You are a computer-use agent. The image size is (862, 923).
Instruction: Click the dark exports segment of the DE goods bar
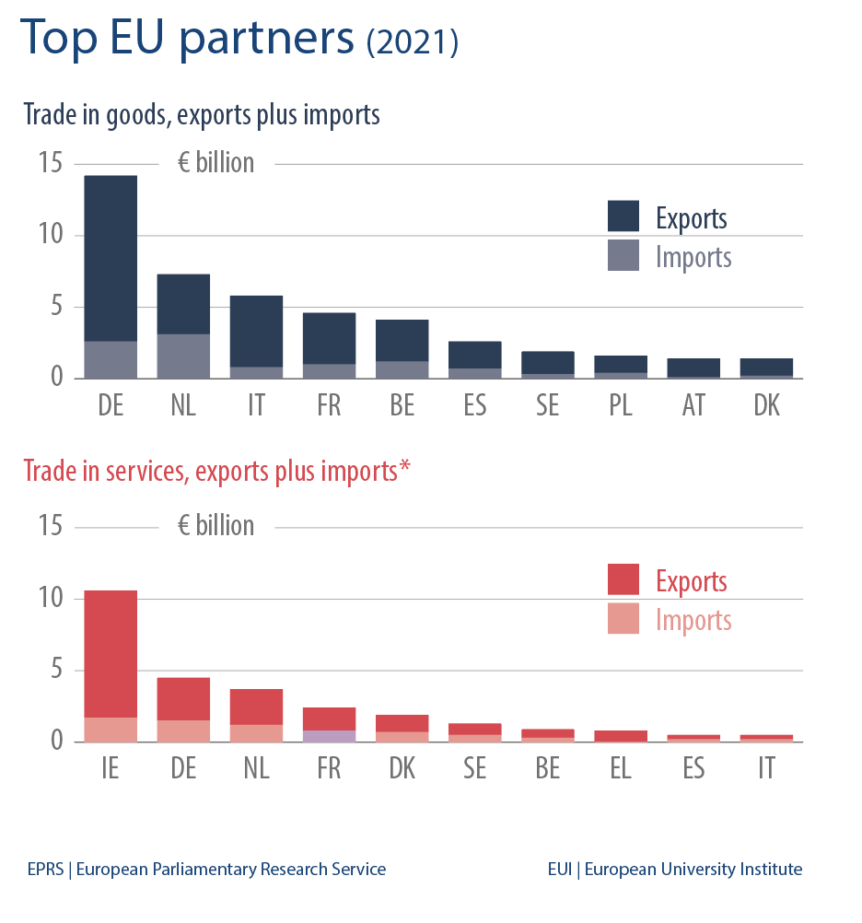click(111, 258)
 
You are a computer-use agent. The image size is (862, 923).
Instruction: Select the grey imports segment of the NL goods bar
click(183, 356)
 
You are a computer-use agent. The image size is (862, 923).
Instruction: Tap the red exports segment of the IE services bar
click(111, 654)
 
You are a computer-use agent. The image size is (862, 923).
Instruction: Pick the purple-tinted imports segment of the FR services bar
click(329, 736)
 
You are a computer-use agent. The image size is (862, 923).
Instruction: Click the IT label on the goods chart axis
click(256, 405)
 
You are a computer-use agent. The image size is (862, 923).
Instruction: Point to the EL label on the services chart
click(621, 768)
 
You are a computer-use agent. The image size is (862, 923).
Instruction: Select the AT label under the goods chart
click(693, 405)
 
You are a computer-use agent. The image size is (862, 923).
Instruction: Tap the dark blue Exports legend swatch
click(623, 216)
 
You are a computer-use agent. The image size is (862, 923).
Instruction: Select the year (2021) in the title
click(412, 42)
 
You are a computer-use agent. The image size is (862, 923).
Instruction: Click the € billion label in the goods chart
click(215, 163)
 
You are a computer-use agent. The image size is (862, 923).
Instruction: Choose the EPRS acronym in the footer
click(45, 869)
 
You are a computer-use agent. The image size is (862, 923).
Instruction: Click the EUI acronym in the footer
click(559, 869)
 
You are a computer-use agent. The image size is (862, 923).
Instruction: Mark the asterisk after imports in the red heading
click(404, 468)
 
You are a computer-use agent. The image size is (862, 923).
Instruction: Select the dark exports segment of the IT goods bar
click(256, 330)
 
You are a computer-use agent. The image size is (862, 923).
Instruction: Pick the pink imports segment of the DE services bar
click(183, 730)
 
